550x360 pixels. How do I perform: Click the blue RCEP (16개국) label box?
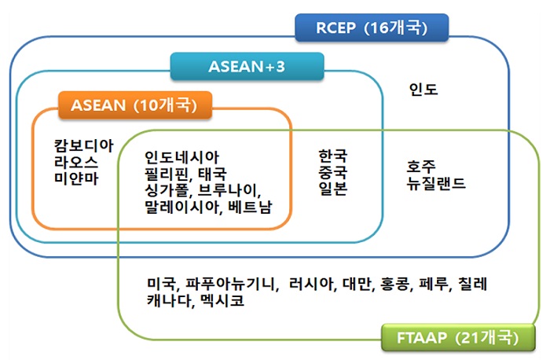pyautogui.click(x=372, y=28)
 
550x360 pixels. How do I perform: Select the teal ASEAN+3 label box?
pyautogui.click(x=247, y=66)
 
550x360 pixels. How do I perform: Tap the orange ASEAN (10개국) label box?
pyautogui.click(x=135, y=105)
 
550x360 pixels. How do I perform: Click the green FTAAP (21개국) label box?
pyautogui.click(x=458, y=337)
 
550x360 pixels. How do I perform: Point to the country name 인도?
pyautogui.click(x=423, y=89)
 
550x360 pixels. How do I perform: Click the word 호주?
pyautogui.click(x=421, y=166)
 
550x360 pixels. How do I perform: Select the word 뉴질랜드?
pyautogui.click(x=436, y=183)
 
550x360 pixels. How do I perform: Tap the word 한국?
pyautogui.click(x=332, y=156)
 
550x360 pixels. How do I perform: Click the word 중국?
pyautogui.click(x=332, y=172)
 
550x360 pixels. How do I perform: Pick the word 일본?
pyautogui.click(x=332, y=189)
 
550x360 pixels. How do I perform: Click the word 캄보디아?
pyautogui.click(x=84, y=145)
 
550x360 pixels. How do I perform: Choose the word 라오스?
pyautogui.click(x=76, y=162)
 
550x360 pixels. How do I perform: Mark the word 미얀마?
pyautogui.click(x=76, y=178)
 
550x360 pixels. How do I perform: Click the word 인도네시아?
pyautogui.click(x=182, y=157)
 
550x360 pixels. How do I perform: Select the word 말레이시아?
pyautogui.click(x=182, y=207)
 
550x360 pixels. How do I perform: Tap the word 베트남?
pyautogui.click(x=250, y=207)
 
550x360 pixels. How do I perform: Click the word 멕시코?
pyautogui.click(x=222, y=300)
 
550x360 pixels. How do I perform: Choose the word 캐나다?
pyautogui.click(x=169, y=300)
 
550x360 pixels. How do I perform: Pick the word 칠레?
pyautogui.click(x=473, y=284)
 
